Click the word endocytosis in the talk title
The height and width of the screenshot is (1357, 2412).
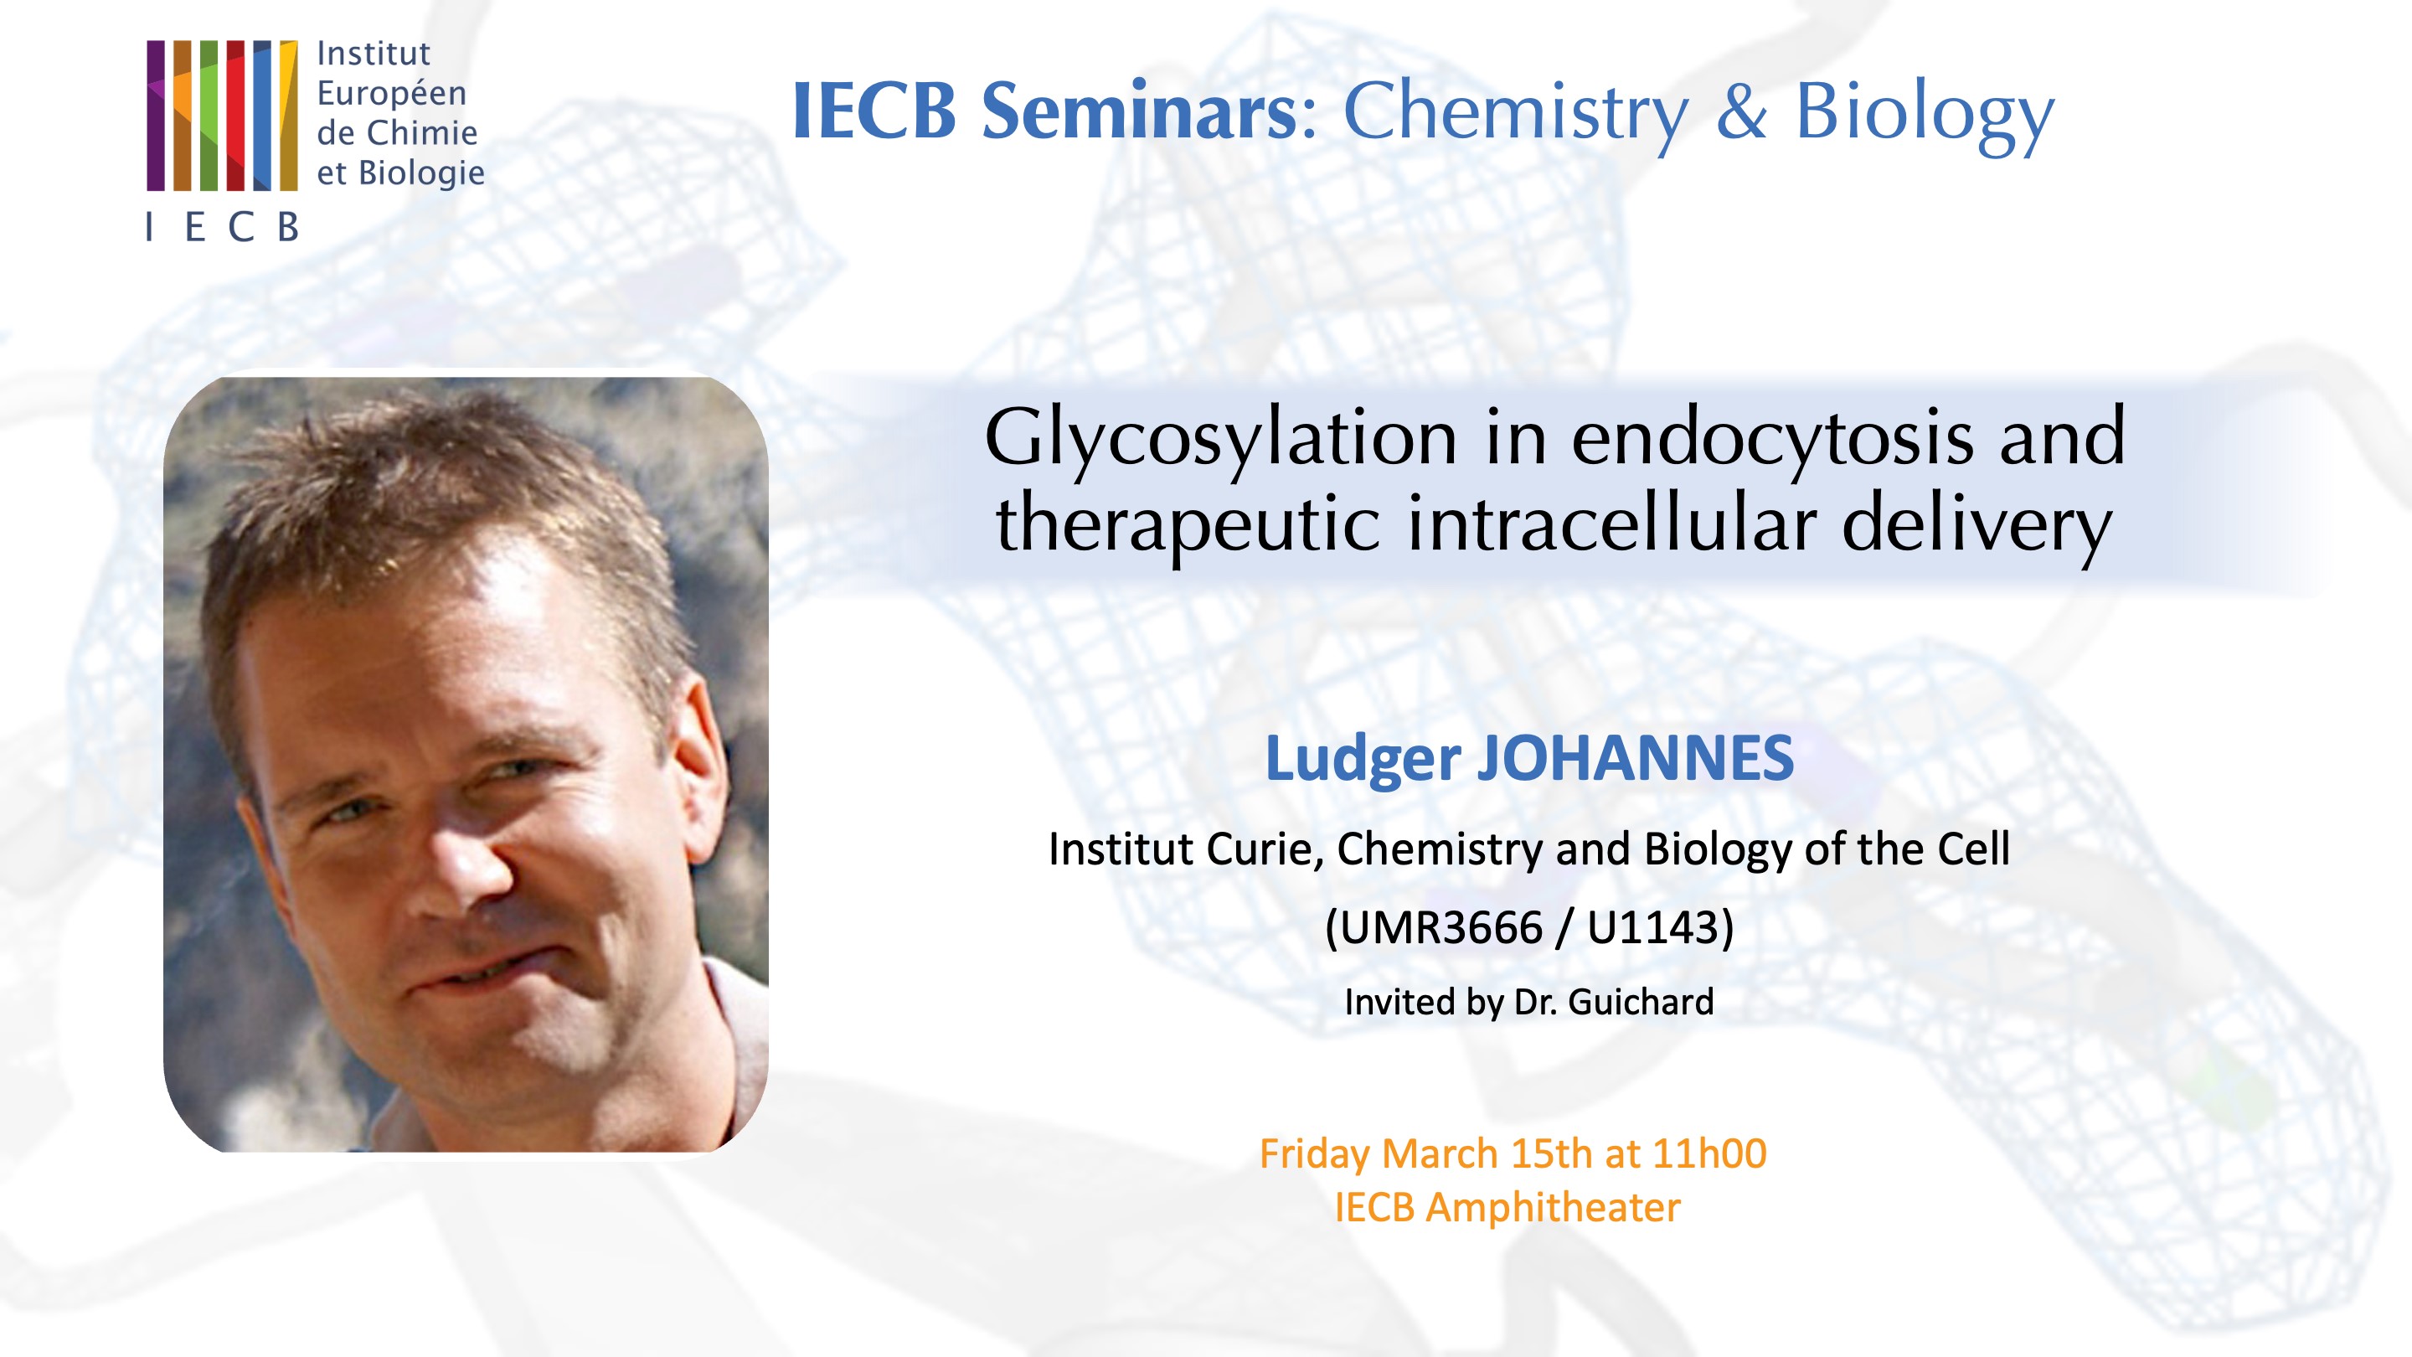click(1770, 437)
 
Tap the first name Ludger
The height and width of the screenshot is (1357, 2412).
click(1363, 760)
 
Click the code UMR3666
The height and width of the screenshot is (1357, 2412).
click(1434, 928)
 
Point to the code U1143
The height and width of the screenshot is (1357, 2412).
click(1652, 928)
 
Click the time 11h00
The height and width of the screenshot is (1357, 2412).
click(1708, 1153)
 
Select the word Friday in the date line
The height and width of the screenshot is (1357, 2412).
click(1315, 1153)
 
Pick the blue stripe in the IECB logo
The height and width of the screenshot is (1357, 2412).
click(262, 116)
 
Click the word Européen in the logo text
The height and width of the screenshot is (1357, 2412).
click(391, 94)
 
